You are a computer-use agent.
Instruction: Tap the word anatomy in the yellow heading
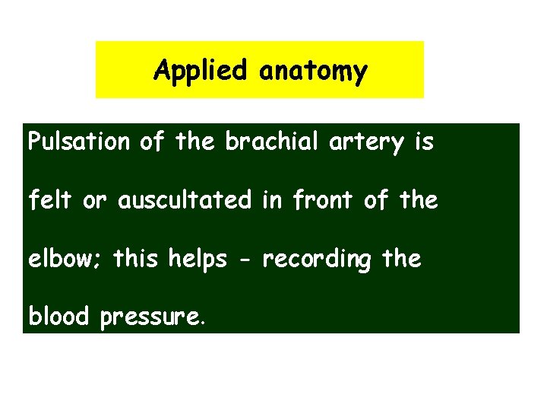pos(312,71)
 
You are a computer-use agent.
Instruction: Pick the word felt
pos(47,200)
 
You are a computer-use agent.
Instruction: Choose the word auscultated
pos(185,200)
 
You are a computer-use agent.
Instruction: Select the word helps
pos(200,260)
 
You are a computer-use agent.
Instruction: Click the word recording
pos(318,260)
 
